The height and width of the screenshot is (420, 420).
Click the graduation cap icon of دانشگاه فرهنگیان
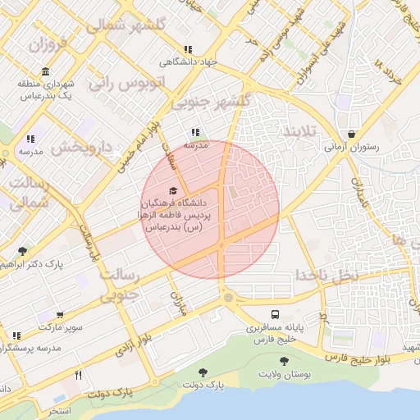(x=172, y=190)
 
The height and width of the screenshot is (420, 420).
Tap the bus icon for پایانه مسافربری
(x=276, y=314)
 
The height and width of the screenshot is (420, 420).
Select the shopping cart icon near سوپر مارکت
(x=61, y=315)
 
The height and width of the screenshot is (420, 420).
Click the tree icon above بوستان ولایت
(x=284, y=361)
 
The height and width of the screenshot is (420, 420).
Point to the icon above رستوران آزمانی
(x=352, y=134)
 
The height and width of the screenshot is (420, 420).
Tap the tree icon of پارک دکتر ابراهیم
(x=21, y=251)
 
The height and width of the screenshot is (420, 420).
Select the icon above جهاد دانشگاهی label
(x=189, y=49)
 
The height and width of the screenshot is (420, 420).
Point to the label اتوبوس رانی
(x=128, y=83)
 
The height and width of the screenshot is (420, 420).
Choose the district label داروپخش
(x=82, y=148)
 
